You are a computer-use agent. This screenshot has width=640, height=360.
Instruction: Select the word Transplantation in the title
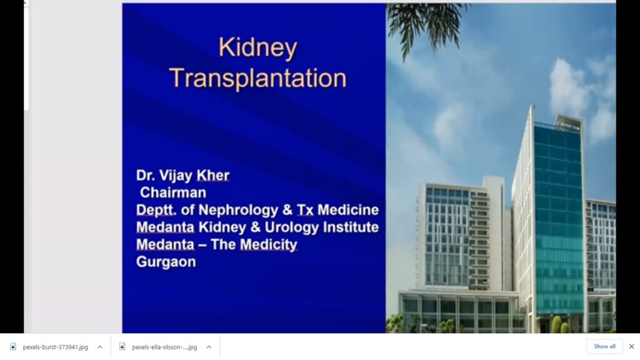point(258,78)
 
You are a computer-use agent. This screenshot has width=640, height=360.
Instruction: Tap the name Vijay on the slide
point(176,176)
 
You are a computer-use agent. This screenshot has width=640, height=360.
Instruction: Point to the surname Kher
point(212,176)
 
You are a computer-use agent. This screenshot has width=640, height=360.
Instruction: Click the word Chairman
point(173,192)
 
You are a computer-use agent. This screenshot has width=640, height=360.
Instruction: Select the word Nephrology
point(238,210)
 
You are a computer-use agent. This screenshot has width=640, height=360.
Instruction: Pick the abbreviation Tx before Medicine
point(305,210)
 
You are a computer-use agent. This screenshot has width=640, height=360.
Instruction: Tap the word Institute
point(351,227)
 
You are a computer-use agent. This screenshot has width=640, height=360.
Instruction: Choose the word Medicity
point(269,245)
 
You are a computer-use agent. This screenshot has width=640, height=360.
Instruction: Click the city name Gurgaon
point(166,262)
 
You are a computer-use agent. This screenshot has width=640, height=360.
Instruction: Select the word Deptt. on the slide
point(156,210)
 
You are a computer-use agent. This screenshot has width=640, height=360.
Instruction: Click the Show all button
point(604,346)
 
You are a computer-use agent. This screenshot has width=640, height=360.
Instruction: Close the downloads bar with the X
point(631,346)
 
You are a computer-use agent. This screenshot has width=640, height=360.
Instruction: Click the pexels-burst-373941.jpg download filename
point(55,347)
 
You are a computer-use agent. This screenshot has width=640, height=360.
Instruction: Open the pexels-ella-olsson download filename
point(164,347)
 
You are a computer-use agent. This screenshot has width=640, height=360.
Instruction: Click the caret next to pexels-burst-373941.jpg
point(99,347)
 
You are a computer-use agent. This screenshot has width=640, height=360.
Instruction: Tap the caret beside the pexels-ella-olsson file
point(209,347)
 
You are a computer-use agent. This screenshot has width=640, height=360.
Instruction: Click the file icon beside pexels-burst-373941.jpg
point(13,347)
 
